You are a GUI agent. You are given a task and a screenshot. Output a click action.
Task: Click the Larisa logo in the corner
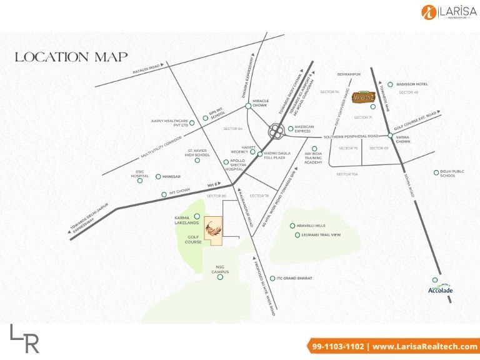coord(444,12)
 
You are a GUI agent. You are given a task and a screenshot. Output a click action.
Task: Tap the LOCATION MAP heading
coord(71,57)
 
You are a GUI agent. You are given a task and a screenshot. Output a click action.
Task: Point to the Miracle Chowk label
coord(260,102)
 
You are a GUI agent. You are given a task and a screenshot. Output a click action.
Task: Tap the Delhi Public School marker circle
coord(436,173)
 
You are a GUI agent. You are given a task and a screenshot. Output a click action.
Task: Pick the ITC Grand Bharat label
coord(295,278)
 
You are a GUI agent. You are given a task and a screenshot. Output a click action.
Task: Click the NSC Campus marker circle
coord(220,277)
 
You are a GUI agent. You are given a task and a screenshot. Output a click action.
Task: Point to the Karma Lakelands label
coord(186,219)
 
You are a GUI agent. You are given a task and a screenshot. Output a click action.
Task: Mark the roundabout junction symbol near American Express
coord(276,132)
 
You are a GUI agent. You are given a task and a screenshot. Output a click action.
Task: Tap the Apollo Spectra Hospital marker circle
coord(226,162)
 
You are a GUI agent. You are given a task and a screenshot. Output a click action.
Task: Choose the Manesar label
coord(172,177)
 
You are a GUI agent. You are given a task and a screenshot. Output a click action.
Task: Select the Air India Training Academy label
coord(316,159)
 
